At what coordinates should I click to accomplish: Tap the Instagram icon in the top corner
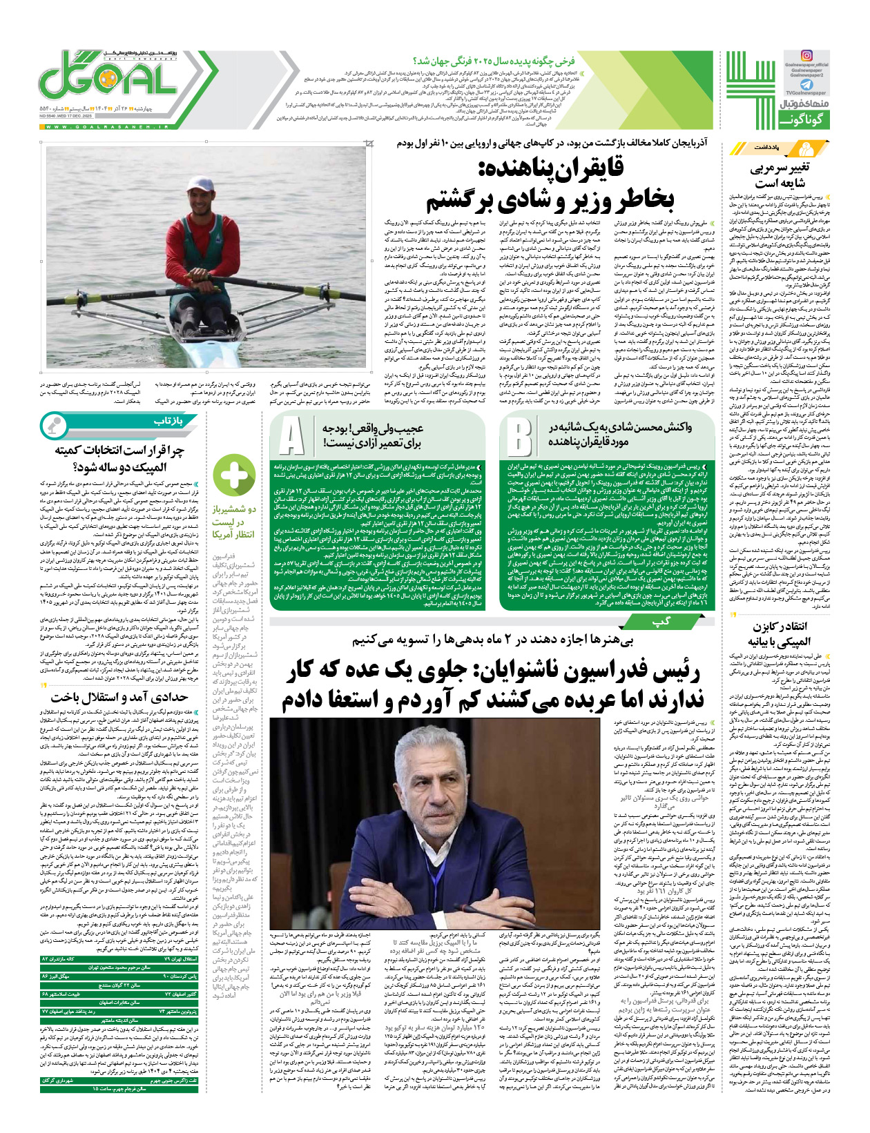[806, 56]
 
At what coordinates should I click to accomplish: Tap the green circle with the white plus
[234, 475]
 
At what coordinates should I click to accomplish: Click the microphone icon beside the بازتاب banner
[52, 424]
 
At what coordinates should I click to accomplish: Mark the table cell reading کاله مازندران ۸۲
[69, 959]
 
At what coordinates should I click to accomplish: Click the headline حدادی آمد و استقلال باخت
[119, 698]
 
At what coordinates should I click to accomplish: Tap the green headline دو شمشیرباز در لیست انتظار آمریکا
[233, 522]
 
